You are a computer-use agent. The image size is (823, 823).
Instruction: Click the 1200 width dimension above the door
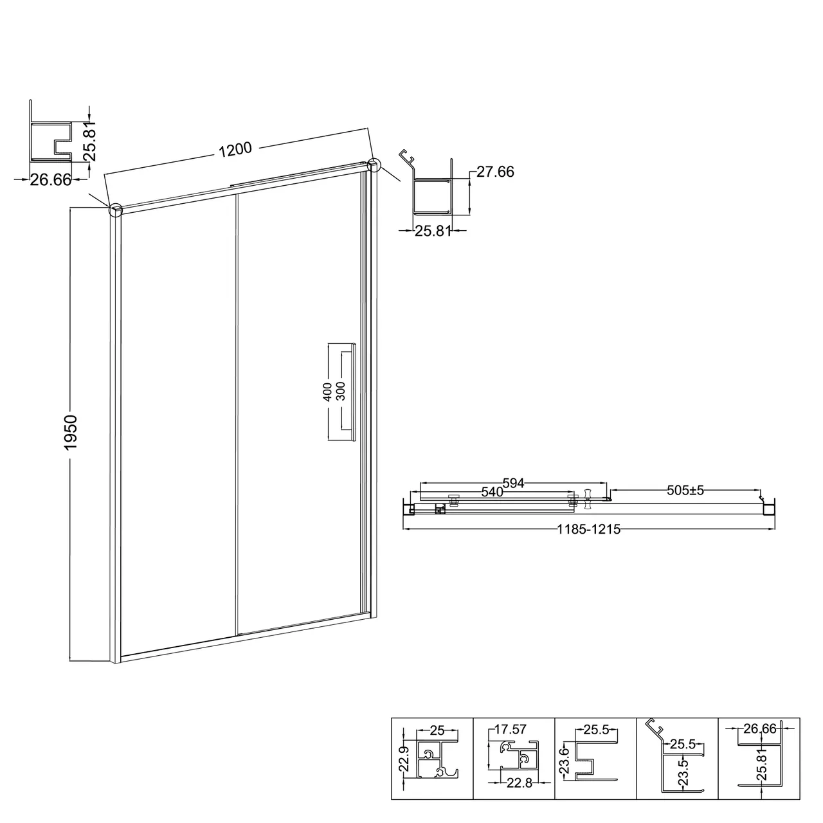[235, 149]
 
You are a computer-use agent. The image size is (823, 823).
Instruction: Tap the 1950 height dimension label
[70, 432]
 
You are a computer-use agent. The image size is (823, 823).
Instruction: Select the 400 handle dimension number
[327, 392]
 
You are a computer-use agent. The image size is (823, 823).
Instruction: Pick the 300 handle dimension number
[340, 392]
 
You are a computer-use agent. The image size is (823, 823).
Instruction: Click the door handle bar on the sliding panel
[353, 392]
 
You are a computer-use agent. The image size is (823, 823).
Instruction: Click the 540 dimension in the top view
[492, 492]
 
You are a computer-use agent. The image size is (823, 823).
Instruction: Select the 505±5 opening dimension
[685, 491]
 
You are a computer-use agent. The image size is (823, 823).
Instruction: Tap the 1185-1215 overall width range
[588, 530]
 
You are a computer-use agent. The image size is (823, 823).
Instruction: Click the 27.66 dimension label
[495, 172]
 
